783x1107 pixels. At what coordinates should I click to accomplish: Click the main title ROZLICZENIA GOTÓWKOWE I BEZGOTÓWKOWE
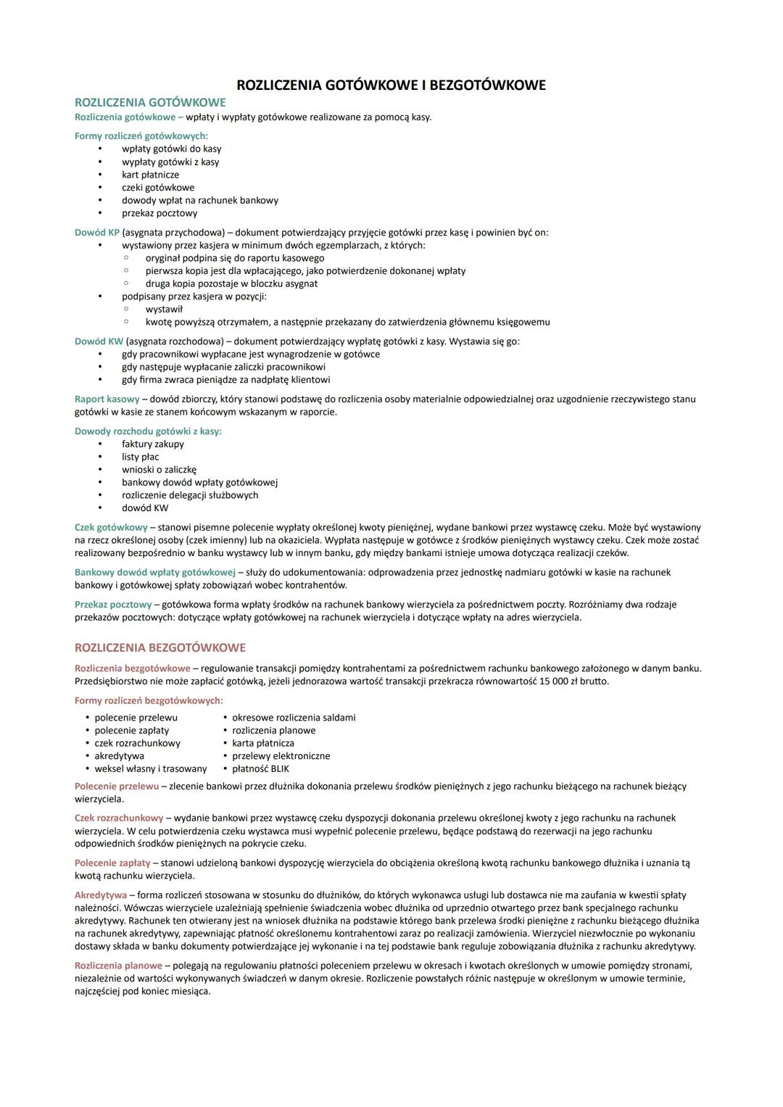(x=391, y=86)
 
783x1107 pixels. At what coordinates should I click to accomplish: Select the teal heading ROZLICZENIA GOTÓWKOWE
(x=150, y=103)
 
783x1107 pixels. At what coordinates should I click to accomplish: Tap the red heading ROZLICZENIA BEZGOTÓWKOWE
(x=160, y=647)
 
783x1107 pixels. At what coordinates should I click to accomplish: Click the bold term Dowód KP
(x=97, y=233)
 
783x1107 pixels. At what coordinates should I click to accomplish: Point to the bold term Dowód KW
(x=99, y=341)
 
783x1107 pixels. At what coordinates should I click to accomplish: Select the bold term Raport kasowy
(x=107, y=399)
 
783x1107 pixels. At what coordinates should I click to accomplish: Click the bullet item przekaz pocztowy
(x=159, y=213)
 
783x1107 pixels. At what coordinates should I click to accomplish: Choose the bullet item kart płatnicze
(x=150, y=175)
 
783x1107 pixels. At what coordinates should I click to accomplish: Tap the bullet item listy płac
(x=140, y=457)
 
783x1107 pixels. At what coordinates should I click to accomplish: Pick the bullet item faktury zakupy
(x=152, y=444)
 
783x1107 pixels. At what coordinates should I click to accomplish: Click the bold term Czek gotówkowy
(x=110, y=527)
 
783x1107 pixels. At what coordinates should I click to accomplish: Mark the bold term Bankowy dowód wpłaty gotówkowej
(x=155, y=572)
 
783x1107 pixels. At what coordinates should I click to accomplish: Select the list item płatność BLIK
(x=260, y=768)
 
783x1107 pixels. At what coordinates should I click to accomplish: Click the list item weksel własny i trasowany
(x=150, y=768)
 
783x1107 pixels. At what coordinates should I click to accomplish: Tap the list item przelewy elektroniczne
(x=281, y=755)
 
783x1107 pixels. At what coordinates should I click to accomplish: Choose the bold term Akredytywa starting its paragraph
(x=100, y=895)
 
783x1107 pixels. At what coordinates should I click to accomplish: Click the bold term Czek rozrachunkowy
(x=119, y=818)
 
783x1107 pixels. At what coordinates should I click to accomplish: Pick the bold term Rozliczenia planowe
(x=118, y=965)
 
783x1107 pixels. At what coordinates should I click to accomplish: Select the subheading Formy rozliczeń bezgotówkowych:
(x=149, y=700)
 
